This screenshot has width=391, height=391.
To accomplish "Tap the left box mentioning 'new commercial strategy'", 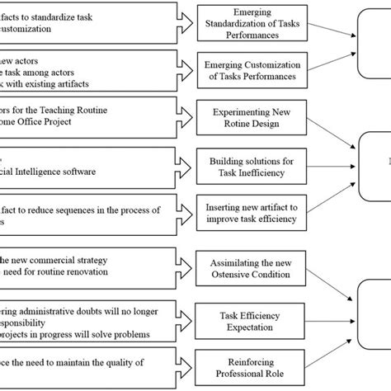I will (87, 266).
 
